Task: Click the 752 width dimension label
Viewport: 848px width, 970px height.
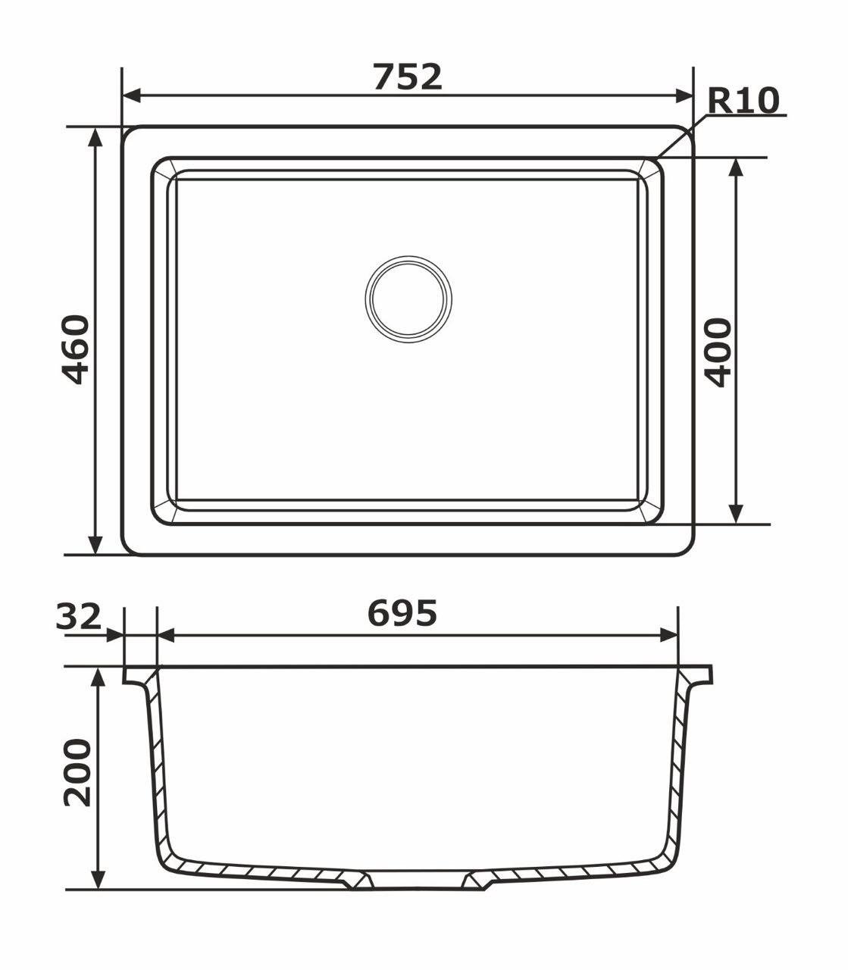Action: point(407,77)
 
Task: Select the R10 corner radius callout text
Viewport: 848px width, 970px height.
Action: point(743,101)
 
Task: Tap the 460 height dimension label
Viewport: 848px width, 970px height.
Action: point(76,349)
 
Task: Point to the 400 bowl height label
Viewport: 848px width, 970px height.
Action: point(716,352)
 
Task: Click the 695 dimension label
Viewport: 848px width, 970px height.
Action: point(402,613)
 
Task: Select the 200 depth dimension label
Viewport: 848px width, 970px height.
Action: point(77,773)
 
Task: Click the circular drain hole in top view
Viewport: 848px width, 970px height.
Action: point(408,298)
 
